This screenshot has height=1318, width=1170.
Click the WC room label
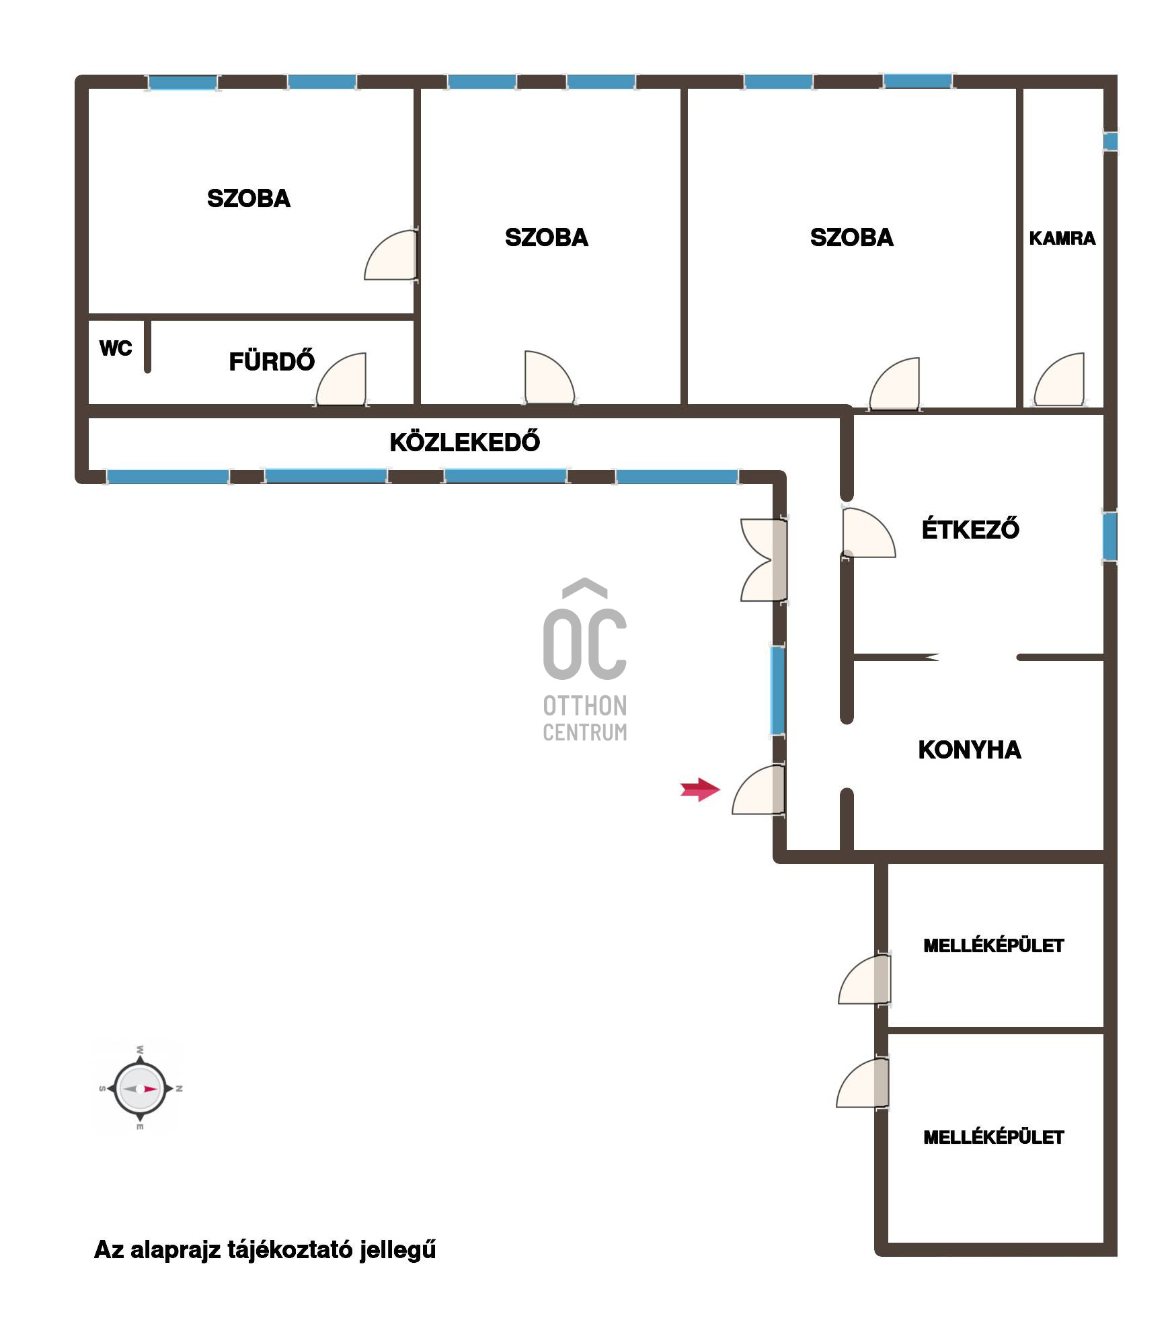(x=116, y=348)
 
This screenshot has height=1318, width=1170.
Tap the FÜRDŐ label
(x=272, y=361)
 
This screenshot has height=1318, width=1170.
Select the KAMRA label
(x=1062, y=238)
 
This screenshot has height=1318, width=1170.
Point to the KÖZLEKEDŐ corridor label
(x=465, y=441)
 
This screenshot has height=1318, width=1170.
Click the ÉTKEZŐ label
(x=970, y=529)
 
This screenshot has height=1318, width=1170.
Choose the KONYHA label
(x=970, y=750)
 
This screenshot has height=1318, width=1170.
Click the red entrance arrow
(x=700, y=789)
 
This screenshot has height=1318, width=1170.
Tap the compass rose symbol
(x=140, y=1089)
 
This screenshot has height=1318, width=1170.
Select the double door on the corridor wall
(x=764, y=559)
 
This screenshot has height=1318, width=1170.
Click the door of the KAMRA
(x=1060, y=380)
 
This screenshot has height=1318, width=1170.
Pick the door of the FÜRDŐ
(x=342, y=379)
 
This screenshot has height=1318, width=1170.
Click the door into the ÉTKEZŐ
(x=868, y=533)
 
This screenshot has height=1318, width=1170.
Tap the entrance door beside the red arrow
(x=758, y=789)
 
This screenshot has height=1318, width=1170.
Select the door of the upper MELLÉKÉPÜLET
(x=865, y=980)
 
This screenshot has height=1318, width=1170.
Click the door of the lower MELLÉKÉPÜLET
(x=863, y=1083)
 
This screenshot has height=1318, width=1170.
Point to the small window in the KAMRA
(x=1110, y=141)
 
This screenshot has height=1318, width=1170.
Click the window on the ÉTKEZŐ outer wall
(x=1110, y=537)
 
